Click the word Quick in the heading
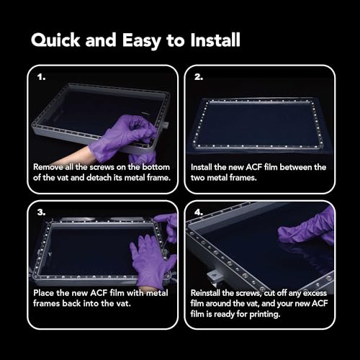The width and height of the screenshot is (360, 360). click(56, 40)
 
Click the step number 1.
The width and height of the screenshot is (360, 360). click(41, 75)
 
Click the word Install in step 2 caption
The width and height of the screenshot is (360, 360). click(205, 166)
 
